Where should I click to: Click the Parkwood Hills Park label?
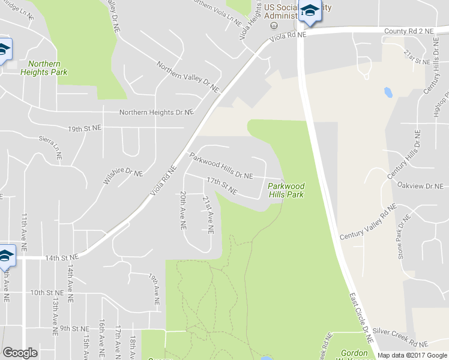coord(286,190)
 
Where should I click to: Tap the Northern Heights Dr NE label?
coord(156,112)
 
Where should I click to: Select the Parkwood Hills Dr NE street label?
coord(221,166)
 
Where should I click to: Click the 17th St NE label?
coord(221,185)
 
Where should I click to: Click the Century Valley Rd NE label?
coord(368,223)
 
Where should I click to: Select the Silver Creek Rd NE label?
coord(400,338)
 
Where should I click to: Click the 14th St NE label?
coord(62,256)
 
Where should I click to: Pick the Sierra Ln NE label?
coord(50,146)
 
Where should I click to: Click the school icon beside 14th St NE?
coord(6,256)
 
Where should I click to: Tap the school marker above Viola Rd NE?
coord(310,11)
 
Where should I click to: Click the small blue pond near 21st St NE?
coord(388,93)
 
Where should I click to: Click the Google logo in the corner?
coord(20,353)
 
